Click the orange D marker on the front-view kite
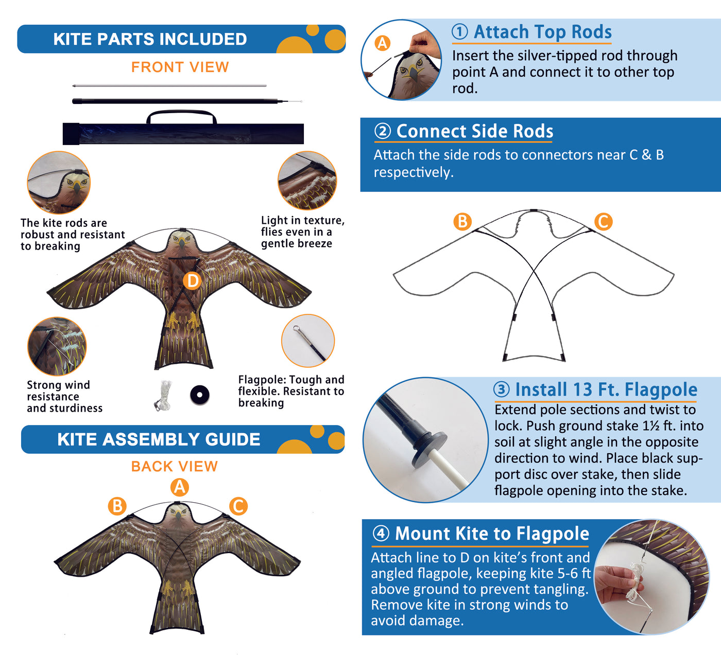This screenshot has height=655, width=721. click(193, 281)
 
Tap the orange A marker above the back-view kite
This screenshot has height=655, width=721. click(179, 487)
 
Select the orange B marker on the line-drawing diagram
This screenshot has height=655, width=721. click(462, 222)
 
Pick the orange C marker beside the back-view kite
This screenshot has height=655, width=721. click(238, 506)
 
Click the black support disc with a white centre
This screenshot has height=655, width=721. click(199, 395)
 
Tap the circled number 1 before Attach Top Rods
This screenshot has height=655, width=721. click(460, 31)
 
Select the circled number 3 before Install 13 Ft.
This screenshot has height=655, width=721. click(502, 390)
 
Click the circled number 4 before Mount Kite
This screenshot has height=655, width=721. click(381, 533)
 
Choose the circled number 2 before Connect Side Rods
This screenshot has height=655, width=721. click(383, 131)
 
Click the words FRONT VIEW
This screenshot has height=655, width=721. click(180, 67)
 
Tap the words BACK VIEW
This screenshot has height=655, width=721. click(174, 467)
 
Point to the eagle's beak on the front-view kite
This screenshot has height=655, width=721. click(182, 243)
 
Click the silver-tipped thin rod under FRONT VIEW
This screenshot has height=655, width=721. click(169, 86)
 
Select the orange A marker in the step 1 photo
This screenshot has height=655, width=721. click(383, 43)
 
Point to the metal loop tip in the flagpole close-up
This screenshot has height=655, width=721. click(297, 328)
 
